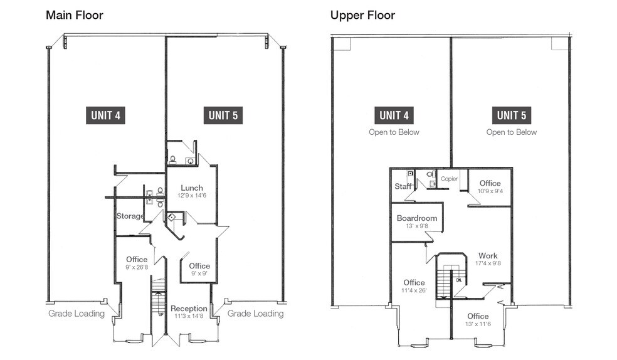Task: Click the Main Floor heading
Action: (x=75, y=14)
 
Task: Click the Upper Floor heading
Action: (x=362, y=14)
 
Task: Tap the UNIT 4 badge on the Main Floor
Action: (x=107, y=115)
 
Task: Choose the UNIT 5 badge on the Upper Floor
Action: (x=511, y=115)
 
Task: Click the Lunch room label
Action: (x=192, y=188)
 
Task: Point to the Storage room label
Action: (x=130, y=216)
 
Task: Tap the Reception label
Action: (x=189, y=309)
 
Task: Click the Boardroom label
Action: (x=416, y=218)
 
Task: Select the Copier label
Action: (x=450, y=179)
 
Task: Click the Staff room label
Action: (x=403, y=186)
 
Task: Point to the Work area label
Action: (x=488, y=256)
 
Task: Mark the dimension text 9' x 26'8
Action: (x=137, y=268)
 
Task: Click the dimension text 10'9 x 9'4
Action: (x=490, y=191)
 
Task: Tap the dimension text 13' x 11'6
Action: (x=477, y=325)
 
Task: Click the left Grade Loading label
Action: (x=76, y=314)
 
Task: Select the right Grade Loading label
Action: (x=255, y=314)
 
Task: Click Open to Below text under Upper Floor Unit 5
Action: (x=511, y=132)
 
